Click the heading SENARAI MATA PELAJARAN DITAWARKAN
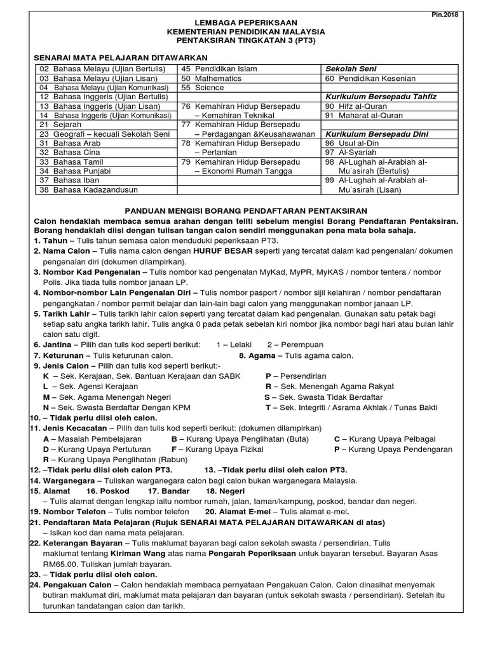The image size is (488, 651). pyautogui.click(x=107, y=55)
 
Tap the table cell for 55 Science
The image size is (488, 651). pyautogui.click(x=203, y=88)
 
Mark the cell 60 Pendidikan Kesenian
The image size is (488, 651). pyautogui.click(x=370, y=78)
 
